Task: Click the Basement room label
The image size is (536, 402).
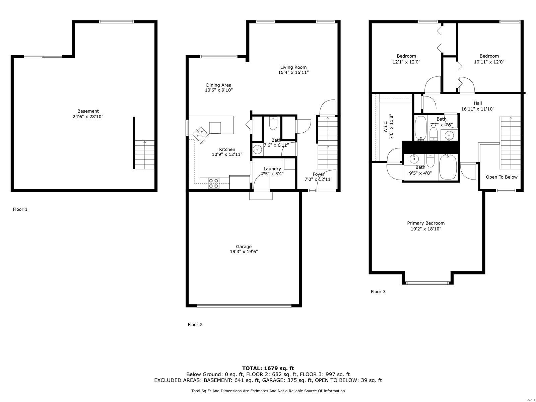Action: [88, 111]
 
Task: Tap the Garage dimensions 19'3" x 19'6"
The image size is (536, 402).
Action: [244, 252]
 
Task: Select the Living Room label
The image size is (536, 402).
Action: [293, 67]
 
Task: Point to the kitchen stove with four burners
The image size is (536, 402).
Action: [214, 183]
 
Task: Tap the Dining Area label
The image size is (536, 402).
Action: [218, 85]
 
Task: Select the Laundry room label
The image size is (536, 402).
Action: [272, 169]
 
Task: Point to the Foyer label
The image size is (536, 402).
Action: [318, 174]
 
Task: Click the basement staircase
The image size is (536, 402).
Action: [145, 155]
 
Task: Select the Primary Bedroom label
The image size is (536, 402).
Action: [425, 223]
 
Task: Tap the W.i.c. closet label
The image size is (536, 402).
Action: [386, 127]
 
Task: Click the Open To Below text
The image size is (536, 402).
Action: [501, 177]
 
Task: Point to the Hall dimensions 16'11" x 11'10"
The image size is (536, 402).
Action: [477, 109]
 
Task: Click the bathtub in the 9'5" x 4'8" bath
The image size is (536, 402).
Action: [448, 167]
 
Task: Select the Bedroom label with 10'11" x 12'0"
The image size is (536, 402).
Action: [489, 56]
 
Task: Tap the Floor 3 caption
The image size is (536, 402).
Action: [378, 291]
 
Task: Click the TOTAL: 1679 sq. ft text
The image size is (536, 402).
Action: [268, 368]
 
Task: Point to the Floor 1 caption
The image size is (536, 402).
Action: [20, 209]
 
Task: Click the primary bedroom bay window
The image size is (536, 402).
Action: [427, 283]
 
